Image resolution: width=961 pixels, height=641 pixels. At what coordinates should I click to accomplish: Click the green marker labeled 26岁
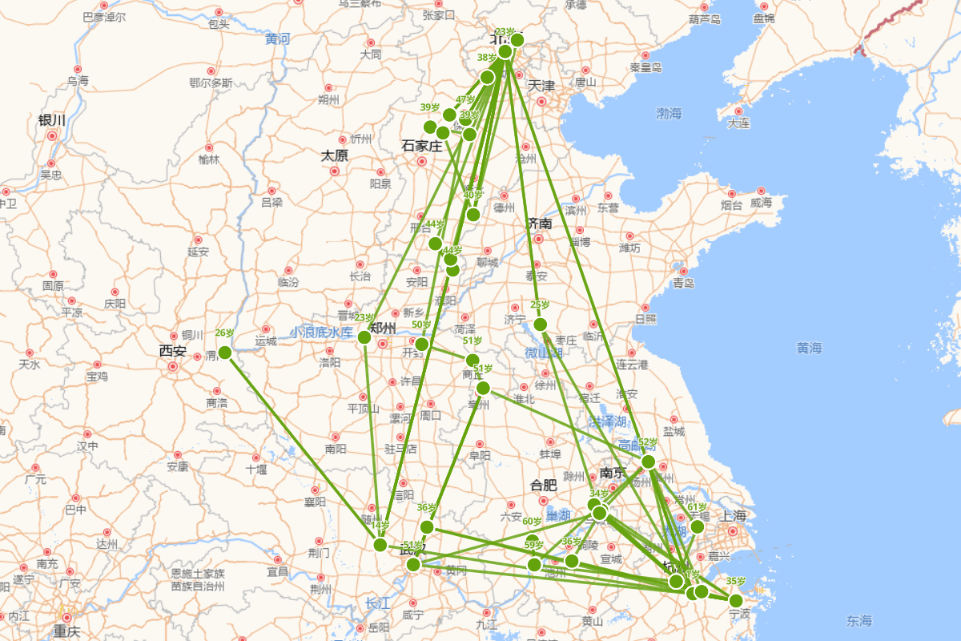225,353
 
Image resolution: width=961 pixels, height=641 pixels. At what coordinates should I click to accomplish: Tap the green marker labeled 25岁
541,325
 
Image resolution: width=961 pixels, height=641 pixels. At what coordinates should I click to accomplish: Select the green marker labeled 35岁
736,601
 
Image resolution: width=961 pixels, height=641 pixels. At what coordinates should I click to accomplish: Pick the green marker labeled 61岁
698,526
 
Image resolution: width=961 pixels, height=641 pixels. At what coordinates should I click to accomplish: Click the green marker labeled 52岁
649,462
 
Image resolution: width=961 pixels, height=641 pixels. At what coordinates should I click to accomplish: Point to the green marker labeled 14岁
380,545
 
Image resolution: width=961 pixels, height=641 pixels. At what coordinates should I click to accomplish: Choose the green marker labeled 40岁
473,214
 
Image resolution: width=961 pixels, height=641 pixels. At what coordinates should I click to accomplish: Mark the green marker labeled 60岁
533,541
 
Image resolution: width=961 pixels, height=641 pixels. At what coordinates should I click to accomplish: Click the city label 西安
172,351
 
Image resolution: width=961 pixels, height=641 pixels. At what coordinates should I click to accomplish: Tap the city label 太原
335,155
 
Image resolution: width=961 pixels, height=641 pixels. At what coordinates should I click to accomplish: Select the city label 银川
52,120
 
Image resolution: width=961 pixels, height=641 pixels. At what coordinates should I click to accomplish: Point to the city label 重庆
67,631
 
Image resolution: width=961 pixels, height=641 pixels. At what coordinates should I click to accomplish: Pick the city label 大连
738,123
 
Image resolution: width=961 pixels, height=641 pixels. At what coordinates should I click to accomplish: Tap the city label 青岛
683,283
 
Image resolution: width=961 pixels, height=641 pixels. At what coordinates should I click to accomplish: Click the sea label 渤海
669,114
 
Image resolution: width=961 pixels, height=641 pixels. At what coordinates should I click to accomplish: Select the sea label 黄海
809,348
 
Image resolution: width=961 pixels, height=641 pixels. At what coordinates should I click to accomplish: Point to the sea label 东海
859,620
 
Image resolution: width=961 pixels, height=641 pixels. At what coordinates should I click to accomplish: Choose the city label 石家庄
422,146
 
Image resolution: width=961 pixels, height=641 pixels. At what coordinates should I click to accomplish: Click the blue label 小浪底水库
321,331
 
